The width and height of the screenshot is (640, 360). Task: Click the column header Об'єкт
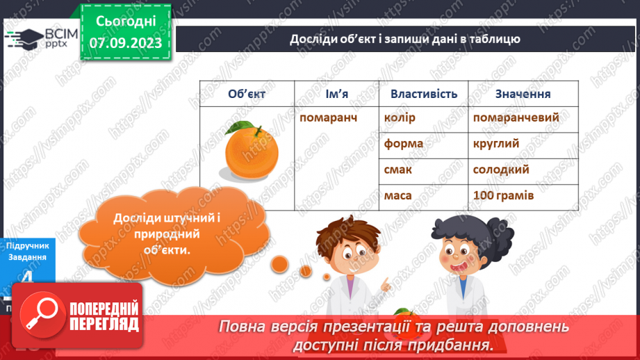coord(247,94)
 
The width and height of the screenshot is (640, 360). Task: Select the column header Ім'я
coord(336,94)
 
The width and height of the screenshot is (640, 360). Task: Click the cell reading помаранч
coord(328,117)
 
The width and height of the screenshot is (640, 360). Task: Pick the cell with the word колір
coord(400,117)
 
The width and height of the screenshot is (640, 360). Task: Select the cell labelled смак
coord(398,170)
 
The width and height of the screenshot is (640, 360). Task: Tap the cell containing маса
coord(397,196)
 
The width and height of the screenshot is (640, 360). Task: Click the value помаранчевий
coord(516,117)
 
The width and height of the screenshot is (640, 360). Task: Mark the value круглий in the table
coord(496,144)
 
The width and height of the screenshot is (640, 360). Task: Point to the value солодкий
coord(501,170)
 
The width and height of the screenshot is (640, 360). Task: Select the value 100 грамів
coord(503,196)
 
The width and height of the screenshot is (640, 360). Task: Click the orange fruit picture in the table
coord(249,149)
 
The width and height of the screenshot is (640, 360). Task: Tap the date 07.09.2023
coord(125,43)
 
